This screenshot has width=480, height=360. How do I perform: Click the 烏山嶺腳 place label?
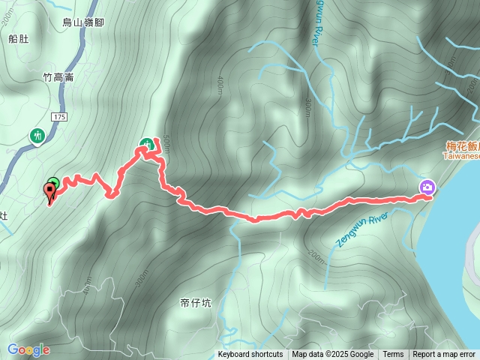pos(84,22)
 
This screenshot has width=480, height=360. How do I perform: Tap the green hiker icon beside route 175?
pos(37,136)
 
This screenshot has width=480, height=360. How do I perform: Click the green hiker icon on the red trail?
pos(147,142)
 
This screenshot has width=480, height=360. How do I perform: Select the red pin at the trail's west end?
pos(51,193)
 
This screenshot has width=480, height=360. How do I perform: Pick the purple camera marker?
pos(427,187)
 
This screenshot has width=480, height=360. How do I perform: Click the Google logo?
pos(28,349)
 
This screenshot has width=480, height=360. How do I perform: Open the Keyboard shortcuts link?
pos(250,355)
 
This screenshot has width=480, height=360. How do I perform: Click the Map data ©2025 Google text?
pos(332,355)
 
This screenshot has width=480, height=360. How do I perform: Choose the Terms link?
pos(393,355)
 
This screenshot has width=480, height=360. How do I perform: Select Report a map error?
pos(444,355)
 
